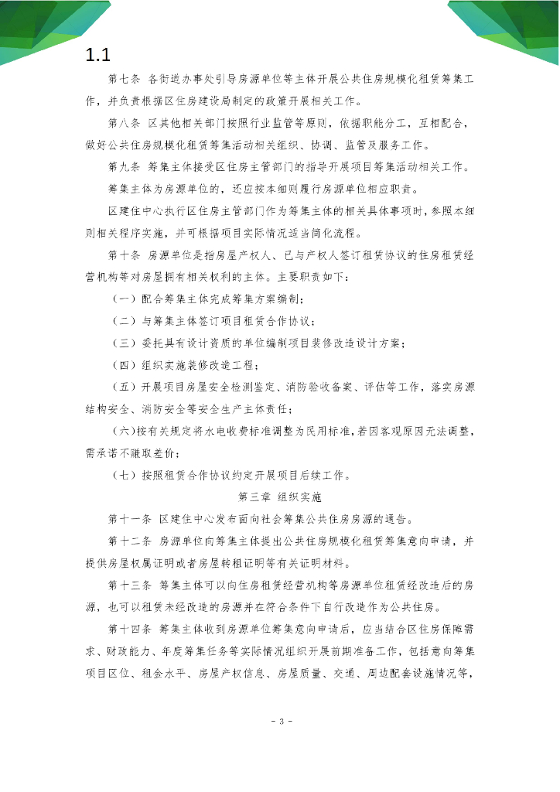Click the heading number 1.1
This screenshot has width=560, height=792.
(x=98, y=56)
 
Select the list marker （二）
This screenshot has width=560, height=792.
(x=125, y=321)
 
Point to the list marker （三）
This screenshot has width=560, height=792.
(x=125, y=343)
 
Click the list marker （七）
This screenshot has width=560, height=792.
(x=125, y=474)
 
